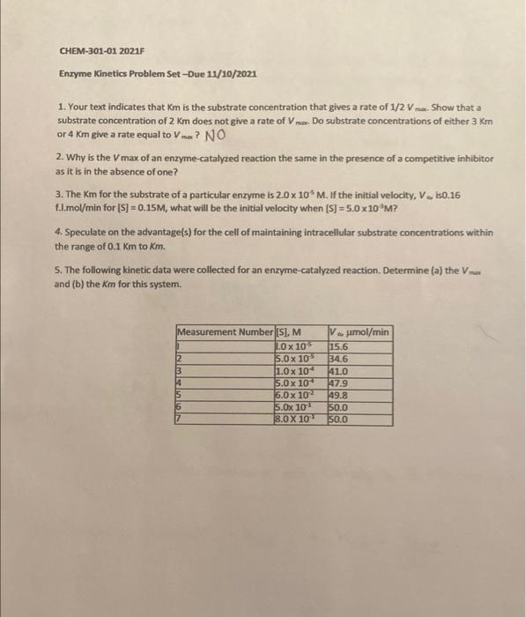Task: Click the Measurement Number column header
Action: tap(225, 331)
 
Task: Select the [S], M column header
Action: tap(289, 331)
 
